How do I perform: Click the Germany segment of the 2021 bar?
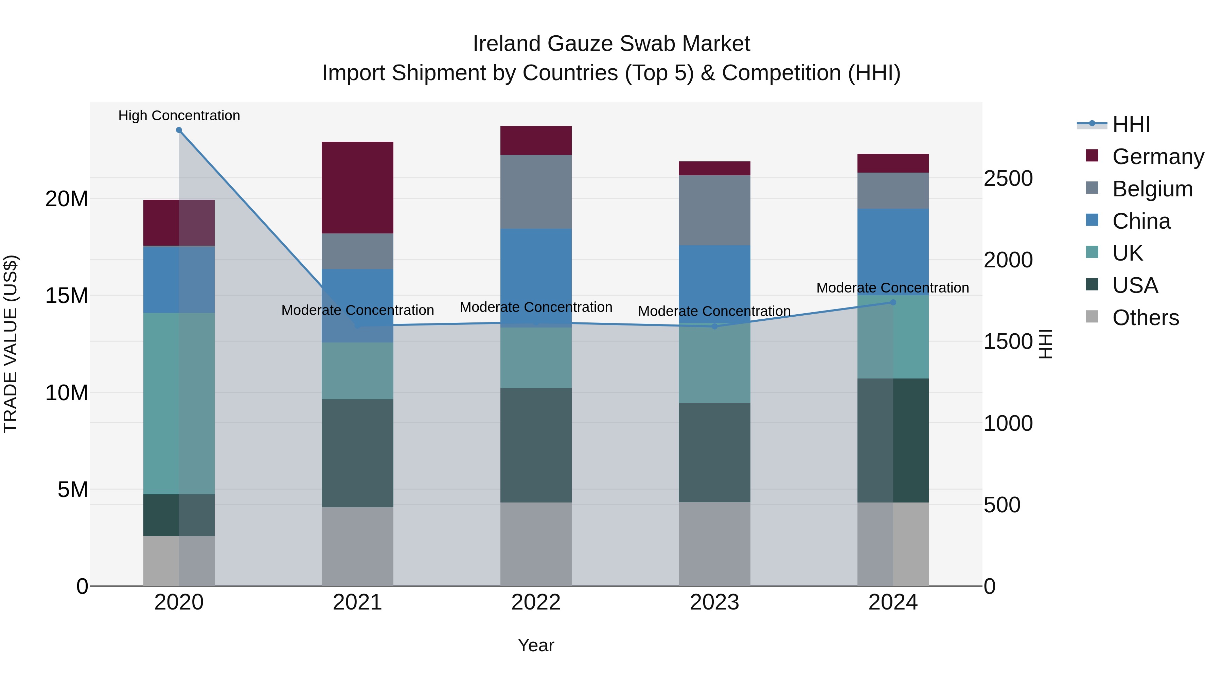[x=357, y=187]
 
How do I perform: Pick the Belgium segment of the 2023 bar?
[x=714, y=210]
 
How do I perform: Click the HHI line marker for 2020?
[x=179, y=130]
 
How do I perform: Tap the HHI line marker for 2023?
[x=714, y=326]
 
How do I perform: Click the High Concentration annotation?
[x=179, y=116]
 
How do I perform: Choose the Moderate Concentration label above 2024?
[x=892, y=288]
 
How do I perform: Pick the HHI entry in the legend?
[x=1131, y=124]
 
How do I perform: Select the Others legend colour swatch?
[x=1092, y=317]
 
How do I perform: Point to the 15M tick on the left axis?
[x=67, y=296]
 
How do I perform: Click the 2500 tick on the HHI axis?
[x=1008, y=178]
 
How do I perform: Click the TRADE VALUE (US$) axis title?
[x=11, y=344]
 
